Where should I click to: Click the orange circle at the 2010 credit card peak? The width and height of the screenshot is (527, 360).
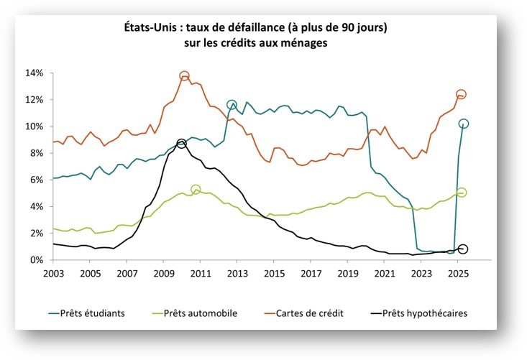click(184, 76)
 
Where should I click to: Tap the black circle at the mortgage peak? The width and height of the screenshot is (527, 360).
click(182, 144)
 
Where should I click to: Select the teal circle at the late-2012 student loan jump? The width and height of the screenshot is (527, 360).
click(232, 106)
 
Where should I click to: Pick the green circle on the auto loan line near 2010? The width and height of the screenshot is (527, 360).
click(196, 190)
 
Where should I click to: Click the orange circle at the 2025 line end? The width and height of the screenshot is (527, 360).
click(461, 94)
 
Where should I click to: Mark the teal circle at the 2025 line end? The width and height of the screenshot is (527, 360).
click(464, 124)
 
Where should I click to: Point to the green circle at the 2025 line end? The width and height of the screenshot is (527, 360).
click(462, 193)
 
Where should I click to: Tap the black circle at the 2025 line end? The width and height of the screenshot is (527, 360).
click(463, 249)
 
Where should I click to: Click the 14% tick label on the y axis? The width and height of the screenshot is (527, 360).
click(35, 73)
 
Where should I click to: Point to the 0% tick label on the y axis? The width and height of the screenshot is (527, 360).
click(37, 260)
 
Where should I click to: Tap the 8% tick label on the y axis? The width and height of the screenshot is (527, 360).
click(37, 153)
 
